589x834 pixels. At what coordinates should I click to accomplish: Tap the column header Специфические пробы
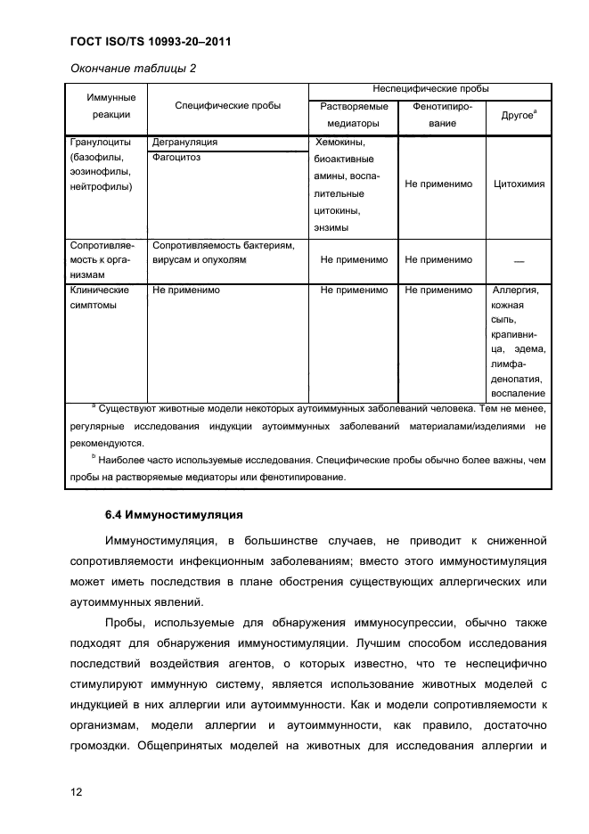[x=227, y=106]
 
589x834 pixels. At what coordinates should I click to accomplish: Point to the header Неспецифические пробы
[x=429, y=89]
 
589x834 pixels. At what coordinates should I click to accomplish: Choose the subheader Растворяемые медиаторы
[x=352, y=115]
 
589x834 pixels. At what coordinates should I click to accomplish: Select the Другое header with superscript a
[x=518, y=116]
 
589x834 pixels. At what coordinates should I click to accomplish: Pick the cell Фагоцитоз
[x=176, y=157]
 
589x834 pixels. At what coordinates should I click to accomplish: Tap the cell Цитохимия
[x=519, y=184]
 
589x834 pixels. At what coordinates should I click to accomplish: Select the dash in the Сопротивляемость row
[x=519, y=261]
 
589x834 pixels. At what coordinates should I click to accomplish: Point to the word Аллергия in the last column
[x=519, y=290]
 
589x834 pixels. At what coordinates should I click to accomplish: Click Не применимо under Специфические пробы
[x=186, y=290]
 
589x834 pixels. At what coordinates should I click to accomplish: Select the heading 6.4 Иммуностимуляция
[x=168, y=515]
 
